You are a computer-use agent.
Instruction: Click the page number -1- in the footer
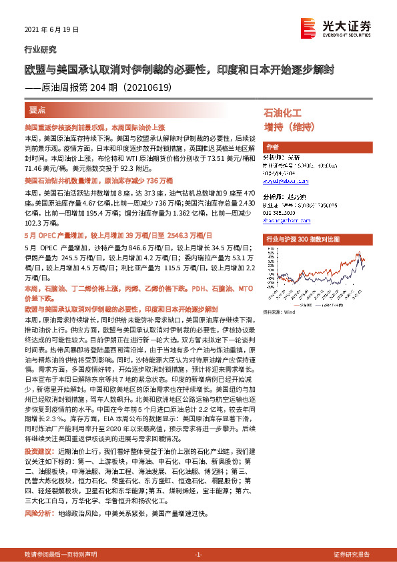click(x=198, y=555)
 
